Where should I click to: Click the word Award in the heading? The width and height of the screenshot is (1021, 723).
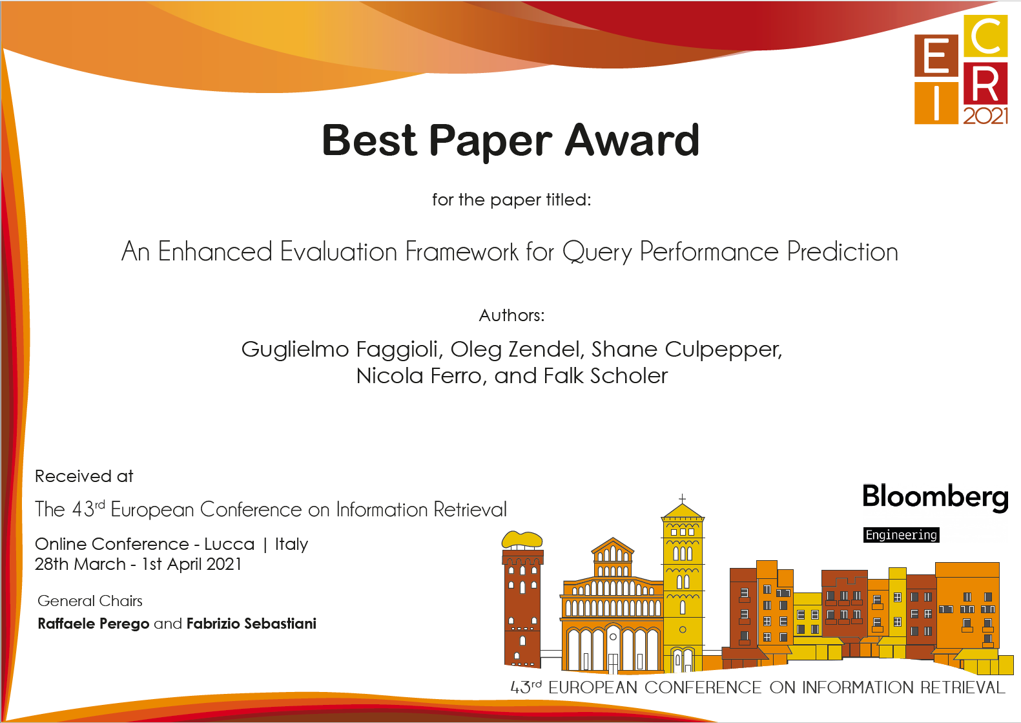tap(632, 140)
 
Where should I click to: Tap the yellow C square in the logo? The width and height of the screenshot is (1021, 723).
tap(985, 36)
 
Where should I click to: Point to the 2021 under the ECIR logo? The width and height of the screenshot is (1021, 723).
tap(985, 116)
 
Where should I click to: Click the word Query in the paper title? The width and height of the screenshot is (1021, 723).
tap(597, 252)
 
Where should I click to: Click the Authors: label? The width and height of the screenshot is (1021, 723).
tap(511, 315)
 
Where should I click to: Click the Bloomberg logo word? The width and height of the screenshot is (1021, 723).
tap(935, 498)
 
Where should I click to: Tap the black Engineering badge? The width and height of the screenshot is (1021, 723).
tap(901, 534)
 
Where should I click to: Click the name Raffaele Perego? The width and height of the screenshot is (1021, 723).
tap(94, 623)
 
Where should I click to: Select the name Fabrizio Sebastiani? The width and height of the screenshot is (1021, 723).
tap(251, 623)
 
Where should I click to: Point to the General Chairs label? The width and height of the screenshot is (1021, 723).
tap(90, 601)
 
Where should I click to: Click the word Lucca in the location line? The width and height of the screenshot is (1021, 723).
tap(229, 544)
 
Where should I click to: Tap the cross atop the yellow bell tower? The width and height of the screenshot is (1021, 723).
tap(683, 499)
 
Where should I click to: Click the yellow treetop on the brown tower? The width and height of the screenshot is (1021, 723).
tap(522, 540)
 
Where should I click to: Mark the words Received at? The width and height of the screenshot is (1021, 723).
tap(84, 476)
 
